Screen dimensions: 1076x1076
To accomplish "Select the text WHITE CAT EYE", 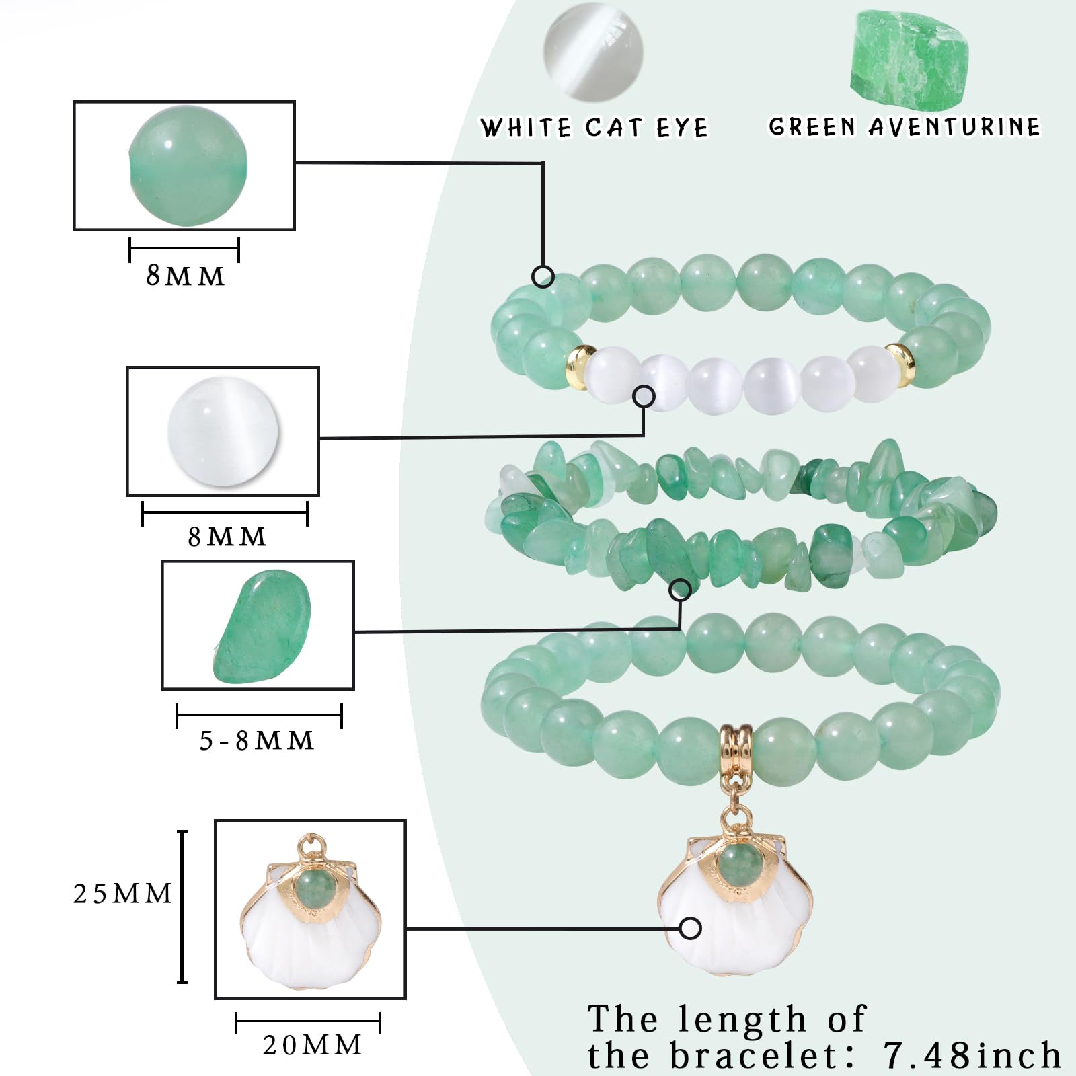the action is tap(594, 127).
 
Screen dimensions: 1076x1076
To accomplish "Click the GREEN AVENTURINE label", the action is tap(905, 126).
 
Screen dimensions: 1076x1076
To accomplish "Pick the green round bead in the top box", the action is tap(188, 166).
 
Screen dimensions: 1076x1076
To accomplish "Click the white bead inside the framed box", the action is tap(223, 432).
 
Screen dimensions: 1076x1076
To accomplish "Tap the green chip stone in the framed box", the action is tap(262, 627).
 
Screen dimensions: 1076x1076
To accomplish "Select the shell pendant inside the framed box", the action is tap(310, 911).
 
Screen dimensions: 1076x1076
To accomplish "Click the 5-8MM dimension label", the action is tap(257, 740).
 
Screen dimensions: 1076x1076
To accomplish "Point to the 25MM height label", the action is tap(122, 894).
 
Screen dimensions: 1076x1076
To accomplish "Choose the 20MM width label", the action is tap(312, 1045).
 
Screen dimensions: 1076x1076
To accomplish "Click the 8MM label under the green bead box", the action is tap(185, 276).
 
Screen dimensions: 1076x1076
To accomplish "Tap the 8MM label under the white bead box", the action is tap(227, 537).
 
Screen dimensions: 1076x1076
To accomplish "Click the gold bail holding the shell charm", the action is tap(736, 746).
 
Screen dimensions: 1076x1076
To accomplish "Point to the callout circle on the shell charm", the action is tap(690, 929).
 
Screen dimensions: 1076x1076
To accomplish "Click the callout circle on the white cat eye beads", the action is tap(644, 397).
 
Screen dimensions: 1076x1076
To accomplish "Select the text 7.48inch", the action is tap(972, 1054).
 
